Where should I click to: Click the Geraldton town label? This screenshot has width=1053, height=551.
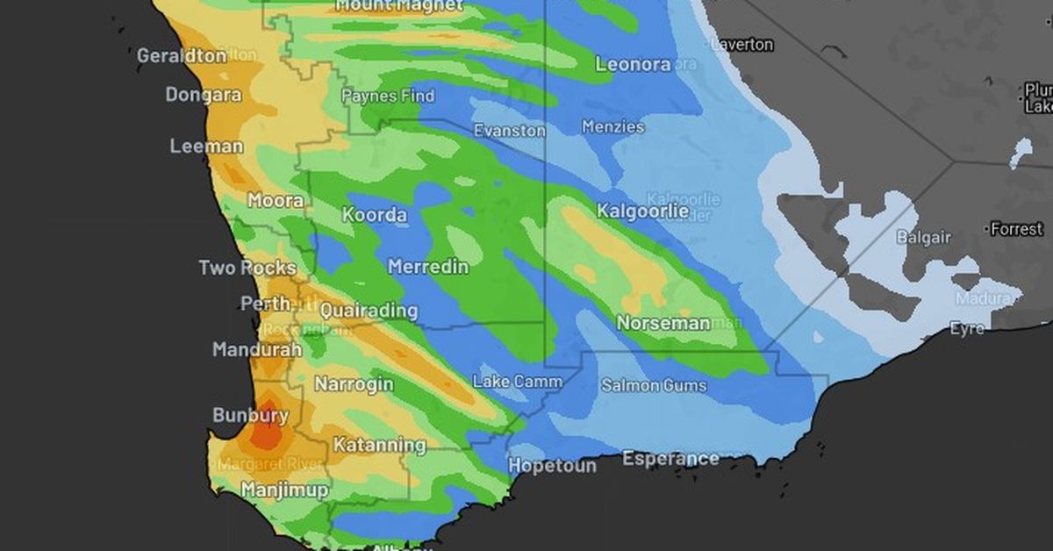[x=182, y=55]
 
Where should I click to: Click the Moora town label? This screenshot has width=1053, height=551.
[x=276, y=200]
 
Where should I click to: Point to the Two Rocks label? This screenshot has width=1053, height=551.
[x=247, y=268]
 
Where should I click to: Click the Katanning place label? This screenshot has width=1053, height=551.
[x=379, y=445]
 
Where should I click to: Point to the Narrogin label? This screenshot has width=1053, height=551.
[x=354, y=385]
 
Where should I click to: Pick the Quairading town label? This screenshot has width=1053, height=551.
[x=369, y=311]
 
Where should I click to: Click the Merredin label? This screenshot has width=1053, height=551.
[x=428, y=266]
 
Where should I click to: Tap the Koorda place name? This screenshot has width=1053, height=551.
[x=375, y=215]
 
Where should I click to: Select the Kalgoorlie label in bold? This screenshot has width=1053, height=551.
[x=642, y=211]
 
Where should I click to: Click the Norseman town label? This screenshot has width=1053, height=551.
[x=663, y=323]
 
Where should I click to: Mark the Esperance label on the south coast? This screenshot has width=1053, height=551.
[x=670, y=458]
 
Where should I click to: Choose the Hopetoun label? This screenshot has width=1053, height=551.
[x=552, y=465]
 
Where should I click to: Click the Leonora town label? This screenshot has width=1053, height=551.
[x=633, y=64]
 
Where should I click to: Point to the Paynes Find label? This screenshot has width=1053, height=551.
[x=387, y=96]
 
